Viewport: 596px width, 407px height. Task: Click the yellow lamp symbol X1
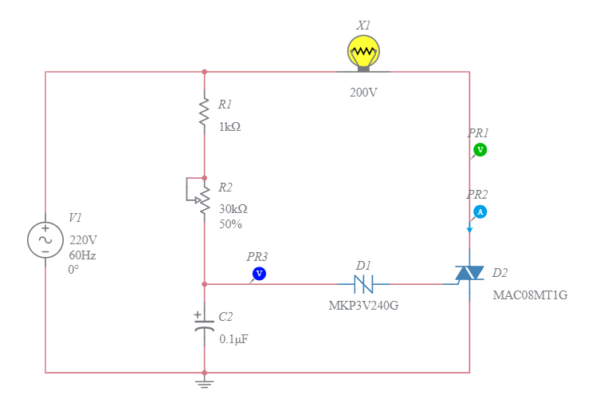[363, 53]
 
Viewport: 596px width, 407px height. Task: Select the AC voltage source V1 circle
[45, 239]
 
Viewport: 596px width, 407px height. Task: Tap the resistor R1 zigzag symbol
[205, 113]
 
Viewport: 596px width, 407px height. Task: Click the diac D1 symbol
[363, 283]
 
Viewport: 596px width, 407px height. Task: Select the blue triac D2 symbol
[469, 274]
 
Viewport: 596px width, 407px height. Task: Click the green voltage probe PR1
[480, 150]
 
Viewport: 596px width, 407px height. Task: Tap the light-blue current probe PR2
[480, 211]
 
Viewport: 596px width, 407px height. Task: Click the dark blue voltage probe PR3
[258, 274]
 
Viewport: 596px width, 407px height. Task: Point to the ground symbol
[205, 384]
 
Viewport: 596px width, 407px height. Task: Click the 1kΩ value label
[229, 127]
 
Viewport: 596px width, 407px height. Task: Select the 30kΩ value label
[233, 209]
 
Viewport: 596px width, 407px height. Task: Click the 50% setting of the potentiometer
[230, 224]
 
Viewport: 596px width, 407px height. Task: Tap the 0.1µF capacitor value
[233, 339]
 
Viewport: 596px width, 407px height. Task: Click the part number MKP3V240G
[363, 306]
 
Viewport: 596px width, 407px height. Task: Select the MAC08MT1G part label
[530, 295]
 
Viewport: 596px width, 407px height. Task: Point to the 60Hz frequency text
[82, 255]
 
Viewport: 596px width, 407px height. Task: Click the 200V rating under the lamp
[363, 93]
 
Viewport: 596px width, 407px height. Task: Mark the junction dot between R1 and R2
[205, 178]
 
